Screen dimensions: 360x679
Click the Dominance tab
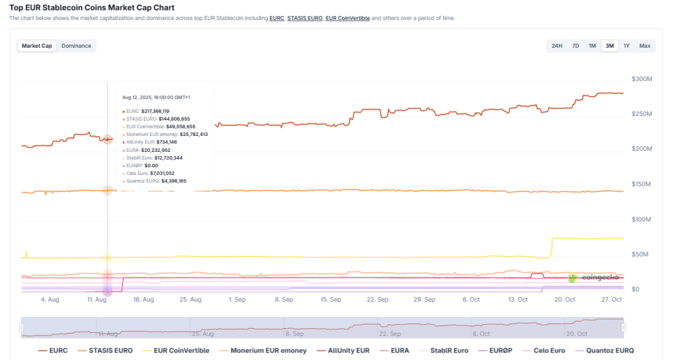pyautogui.click(x=76, y=46)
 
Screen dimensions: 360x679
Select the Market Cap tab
pyautogui.click(x=37, y=46)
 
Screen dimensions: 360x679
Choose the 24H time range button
pyautogui.click(x=557, y=46)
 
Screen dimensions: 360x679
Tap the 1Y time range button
pyautogui.click(x=626, y=46)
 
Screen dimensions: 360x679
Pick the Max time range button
pyautogui.click(x=645, y=46)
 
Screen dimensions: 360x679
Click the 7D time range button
pyautogui.click(x=576, y=46)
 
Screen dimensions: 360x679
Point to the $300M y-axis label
pyautogui.click(x=643, y=79)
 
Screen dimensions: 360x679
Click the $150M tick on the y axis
pyautogui.click(x=643, y=184)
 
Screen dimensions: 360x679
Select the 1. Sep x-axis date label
pyautogui.click(x=237, y=300)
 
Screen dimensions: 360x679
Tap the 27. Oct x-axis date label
pyautogui.click(x=611, y=300)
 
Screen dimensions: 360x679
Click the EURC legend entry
pyautogui.click(x=53, y=350)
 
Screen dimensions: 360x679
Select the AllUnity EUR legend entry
pyautogui.click(x=343, y=350)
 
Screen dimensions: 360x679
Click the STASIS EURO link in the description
pyautogui.click(x=304, y=18)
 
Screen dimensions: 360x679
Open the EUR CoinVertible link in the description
pyautogui.click(x=347, y=18)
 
